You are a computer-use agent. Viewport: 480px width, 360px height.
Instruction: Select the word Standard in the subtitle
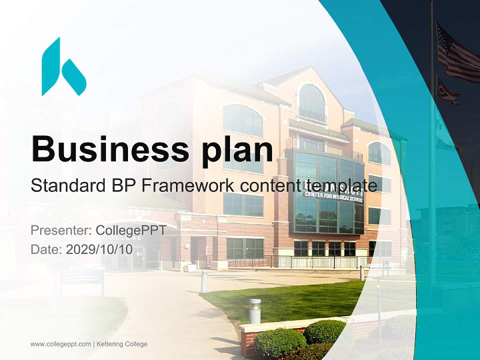65,185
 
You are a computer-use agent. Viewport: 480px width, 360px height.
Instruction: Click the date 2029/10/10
99,249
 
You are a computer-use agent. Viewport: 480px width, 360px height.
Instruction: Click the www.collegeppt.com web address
60,344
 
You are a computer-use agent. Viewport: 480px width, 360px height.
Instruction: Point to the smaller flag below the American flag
448,91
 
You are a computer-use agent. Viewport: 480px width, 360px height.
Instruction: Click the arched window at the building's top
312,102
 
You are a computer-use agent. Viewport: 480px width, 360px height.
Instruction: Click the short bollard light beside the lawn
254,310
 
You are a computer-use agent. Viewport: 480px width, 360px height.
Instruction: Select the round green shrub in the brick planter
324,331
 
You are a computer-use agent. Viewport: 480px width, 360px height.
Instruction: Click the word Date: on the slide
46,249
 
